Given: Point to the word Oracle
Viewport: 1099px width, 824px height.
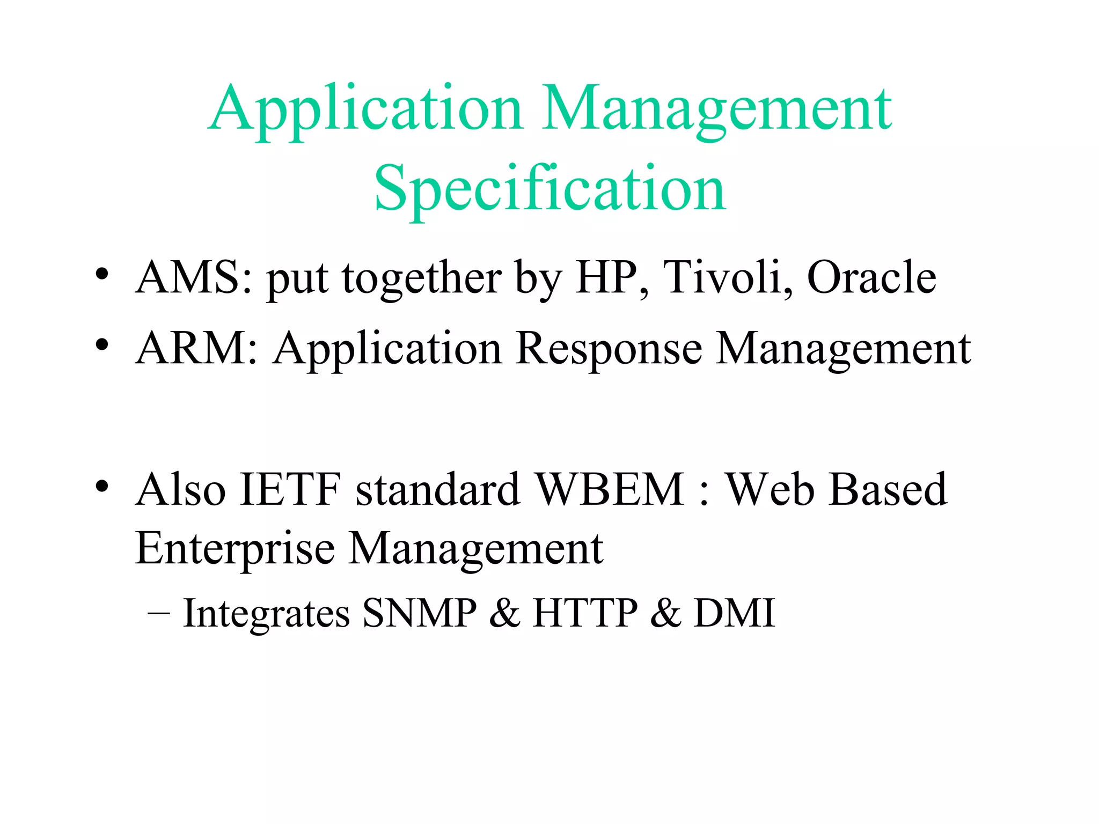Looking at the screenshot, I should point(871,277).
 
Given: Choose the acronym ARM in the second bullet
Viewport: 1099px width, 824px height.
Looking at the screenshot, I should point(191,349).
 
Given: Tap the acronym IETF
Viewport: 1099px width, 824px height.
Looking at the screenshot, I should point(290,489).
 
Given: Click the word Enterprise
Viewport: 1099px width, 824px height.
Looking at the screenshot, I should point(235,549).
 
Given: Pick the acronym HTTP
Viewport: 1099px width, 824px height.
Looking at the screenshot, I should point(585,613).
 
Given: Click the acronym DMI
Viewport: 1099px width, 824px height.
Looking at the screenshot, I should point(735,613).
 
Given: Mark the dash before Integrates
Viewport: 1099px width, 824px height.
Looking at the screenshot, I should point(159,613).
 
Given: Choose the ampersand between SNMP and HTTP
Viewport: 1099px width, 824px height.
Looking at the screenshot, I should point(504,613).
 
